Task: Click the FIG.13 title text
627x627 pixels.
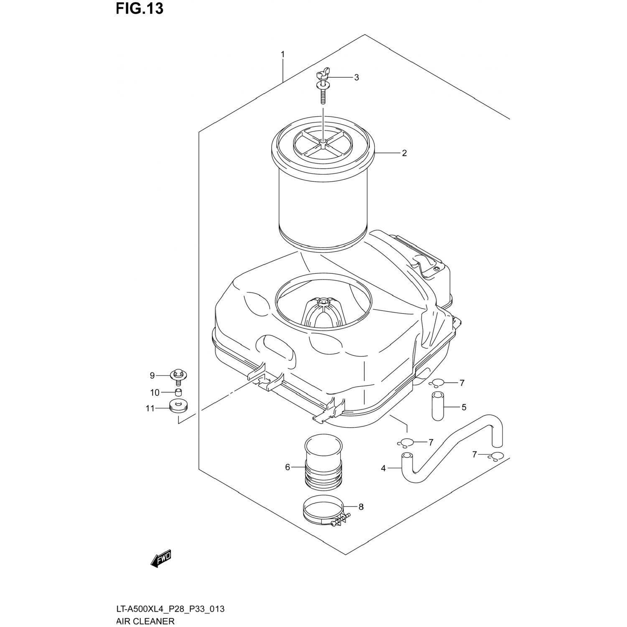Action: [x=140, y=9]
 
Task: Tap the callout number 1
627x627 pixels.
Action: [x=283, y=54]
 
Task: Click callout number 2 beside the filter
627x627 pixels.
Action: [x=404, y=153]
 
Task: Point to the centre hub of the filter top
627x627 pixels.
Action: [x=323, y=143]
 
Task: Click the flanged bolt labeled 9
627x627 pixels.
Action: [x=178, y=375]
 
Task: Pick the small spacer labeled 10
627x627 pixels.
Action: [x=178, y=393]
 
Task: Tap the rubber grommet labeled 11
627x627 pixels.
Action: [x=178, y=406]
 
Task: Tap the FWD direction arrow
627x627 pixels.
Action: [x=161, y=558]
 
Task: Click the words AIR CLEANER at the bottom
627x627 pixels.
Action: [x=145, y=621]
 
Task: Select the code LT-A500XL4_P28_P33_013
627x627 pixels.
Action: [x=170, y=609]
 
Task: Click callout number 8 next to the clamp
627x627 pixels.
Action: [x=361, y=507]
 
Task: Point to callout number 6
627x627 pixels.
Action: [x=288, y=467]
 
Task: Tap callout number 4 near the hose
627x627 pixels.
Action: [x=383, y=469]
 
